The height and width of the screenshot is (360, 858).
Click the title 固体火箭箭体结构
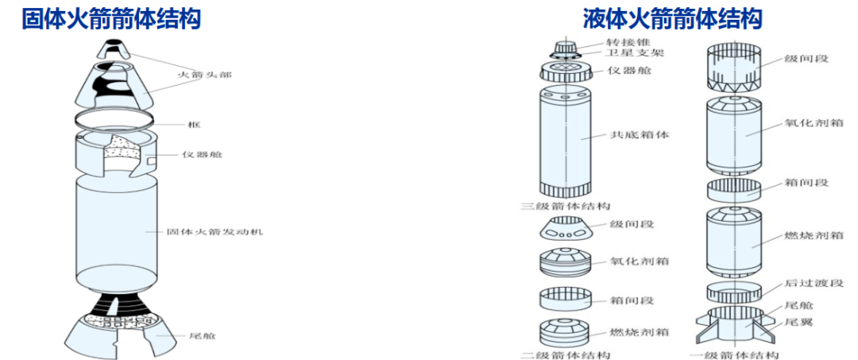pyautogui.click(x=110, y=18)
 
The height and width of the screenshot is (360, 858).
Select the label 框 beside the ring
pyautogui.click(x=194, y=126)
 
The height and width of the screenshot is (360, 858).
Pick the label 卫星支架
pyautogui.click(x=633, y=52)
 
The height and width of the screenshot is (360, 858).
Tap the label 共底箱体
pyautogui.click(x=640, y=135)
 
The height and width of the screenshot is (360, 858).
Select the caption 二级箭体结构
pyautogui.click(x=565, y=353)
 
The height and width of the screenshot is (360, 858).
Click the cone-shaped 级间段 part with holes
pyautogui.click(x=566, y=231)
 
